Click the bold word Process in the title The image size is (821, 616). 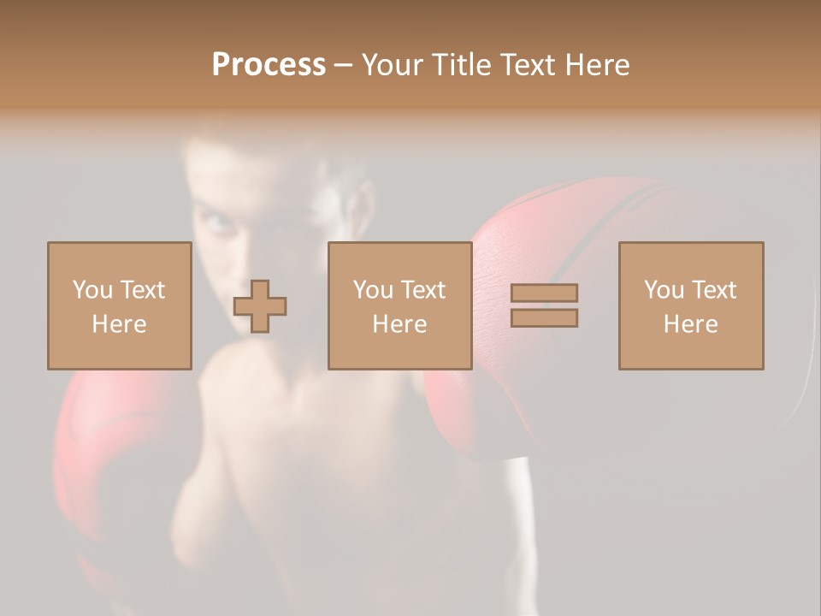pyautogui.click(x=269, y=65)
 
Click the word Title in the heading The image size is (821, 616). pyautogui.click(x=463, y=65)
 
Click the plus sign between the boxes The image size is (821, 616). pyautogui.click(x=260, y=306)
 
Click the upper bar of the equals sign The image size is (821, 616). pyautogui.click(x=544, y=293)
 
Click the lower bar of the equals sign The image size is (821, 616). pyautogui.click(x=544, y=318)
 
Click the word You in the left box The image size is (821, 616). pyautogui.click(x=92, y=290)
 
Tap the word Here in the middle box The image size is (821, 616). pyautogui.click(x=399, y=324)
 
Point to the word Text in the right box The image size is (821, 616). pyautogui.click(x=715, y=290)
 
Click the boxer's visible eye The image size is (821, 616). pyautogui.click(x=217, y=224)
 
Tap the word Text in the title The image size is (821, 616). pyautogui.click(x=524, y=65)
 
